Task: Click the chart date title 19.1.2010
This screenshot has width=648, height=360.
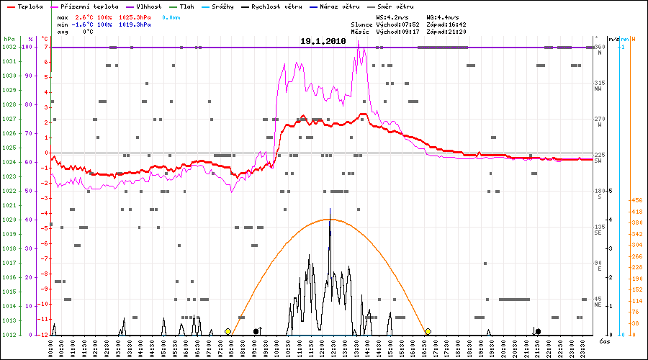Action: pyautogui.click(x=323, y=42)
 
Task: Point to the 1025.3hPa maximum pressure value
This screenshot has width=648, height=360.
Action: pyautogui.click(x=135, y=17)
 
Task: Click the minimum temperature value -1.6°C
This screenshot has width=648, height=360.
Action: pyautogui.click(x=85, y=24)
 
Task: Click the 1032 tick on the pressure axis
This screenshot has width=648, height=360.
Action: pyautogui.click(x=9, y=47)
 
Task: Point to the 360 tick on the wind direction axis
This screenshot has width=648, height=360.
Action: pyautogui.click(x=599, y=47)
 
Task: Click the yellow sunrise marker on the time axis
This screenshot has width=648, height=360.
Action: pyautogui.click(x=228, y=331)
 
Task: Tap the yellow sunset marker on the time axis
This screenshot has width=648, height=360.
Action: pyautogui.click(x=428, y=331)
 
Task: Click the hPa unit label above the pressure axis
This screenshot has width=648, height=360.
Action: pyautogui.click(x=9, y=38)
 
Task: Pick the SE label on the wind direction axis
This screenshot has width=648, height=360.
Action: pyautogui.click(x=598, y=233)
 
